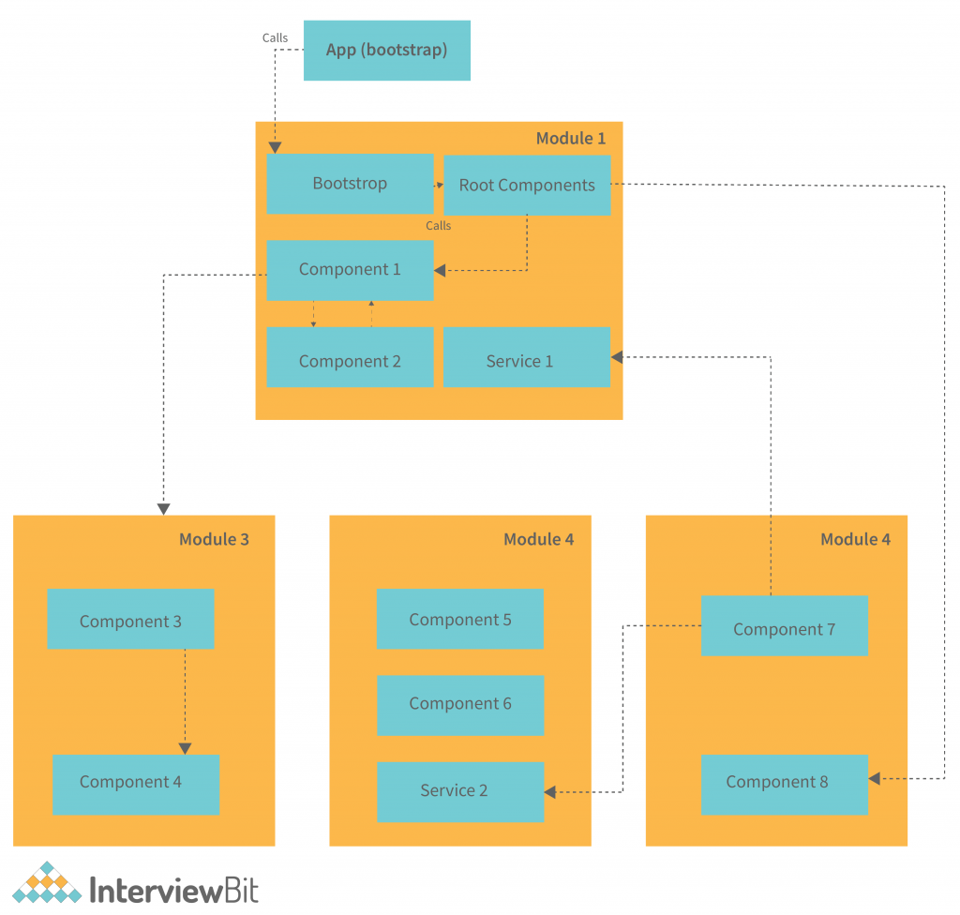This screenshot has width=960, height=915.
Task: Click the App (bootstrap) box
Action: [x=386, y=51]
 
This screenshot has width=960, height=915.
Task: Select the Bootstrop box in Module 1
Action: [x=350, y=184]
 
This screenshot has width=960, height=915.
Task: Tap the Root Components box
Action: [x=526, y=186]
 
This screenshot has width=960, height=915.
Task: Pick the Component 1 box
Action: [x=350, y=270]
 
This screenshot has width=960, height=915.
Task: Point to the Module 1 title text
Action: [x=570, y=139]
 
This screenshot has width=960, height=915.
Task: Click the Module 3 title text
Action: [x=214, y=539]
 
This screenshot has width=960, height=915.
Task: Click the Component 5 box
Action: [x=459, y=619]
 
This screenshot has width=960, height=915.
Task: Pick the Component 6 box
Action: [x=459, y=705]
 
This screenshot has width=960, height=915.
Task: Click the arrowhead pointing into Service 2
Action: [x=550, y=792]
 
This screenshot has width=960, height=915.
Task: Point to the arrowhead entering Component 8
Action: [x=874, y=778]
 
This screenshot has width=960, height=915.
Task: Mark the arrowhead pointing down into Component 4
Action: [x=185, y=748]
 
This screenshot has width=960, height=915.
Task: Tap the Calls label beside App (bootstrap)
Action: [x=275, y=38]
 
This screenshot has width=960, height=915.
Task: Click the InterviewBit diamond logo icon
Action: [x=47, y=884]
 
